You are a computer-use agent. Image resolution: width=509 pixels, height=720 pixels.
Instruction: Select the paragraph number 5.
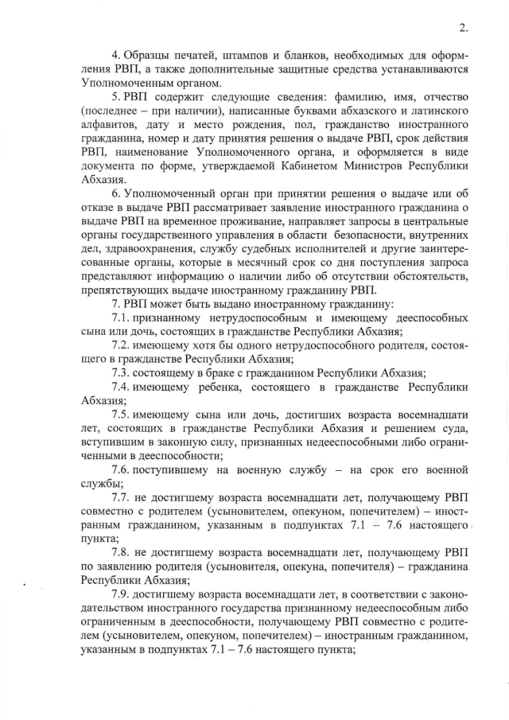[x=115, y=98]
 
